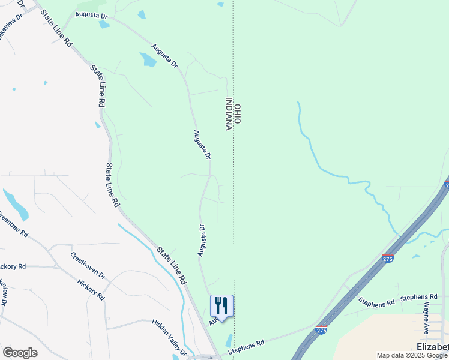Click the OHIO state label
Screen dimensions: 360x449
click(238, 114)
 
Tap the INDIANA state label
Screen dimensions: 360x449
click(229, 114)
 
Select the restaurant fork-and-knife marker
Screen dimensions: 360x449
click(221, 306)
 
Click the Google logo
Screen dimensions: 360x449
click(20, 353)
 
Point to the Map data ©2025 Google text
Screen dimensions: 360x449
click(412, 356)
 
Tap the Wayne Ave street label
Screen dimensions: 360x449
click(426, 318)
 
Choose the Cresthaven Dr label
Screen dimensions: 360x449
click(88, 265)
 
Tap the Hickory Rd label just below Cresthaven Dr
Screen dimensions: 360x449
click(91, 289)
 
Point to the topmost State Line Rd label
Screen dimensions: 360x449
click(57, 28)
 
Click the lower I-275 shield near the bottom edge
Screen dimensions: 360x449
click(322, 330)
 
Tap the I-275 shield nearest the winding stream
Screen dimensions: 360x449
click(388, 258)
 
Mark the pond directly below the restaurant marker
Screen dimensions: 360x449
click(229, 340)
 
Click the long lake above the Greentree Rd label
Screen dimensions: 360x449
click(16, 205)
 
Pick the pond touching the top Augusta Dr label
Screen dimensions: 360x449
click(104, 25)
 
